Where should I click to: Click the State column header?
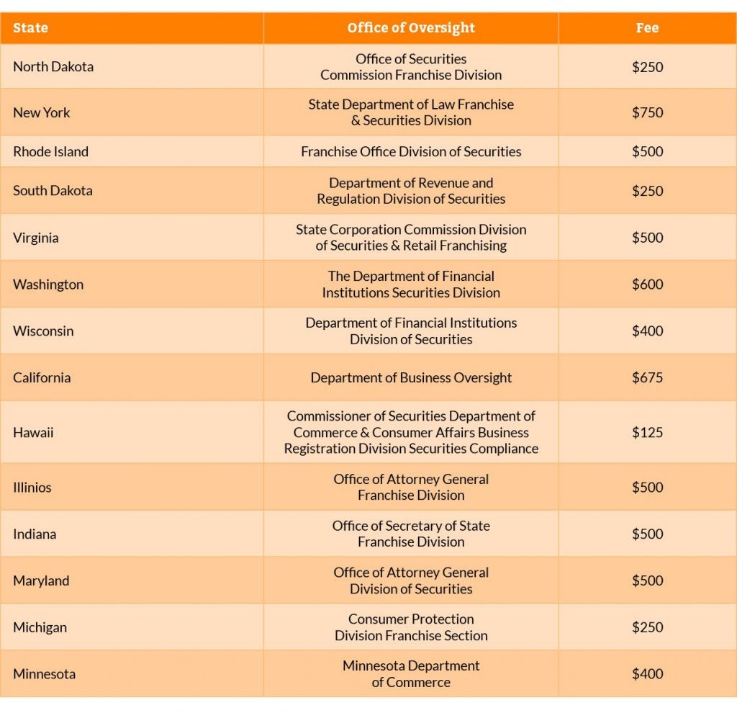(30, 28)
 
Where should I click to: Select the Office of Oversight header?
(411, 28)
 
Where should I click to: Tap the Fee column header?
(647, 28)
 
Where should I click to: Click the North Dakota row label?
(53, 66)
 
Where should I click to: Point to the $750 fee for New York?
(647, 112)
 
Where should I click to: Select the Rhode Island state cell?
(50, 151)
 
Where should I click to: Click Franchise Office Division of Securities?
(411, 151)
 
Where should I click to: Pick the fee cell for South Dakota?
(647, 191)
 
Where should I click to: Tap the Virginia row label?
(36, 238)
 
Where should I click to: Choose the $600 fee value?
(647, 284)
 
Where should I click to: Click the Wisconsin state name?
(43, 331)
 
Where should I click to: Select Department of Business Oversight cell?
(411, 377)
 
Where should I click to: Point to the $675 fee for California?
(647, 377)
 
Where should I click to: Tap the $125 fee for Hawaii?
(647, 432)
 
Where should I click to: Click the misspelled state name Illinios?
(32, 488)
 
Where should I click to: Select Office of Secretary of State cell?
(411, 534)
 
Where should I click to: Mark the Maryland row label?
(41, 580)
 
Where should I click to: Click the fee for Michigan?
(647, 627)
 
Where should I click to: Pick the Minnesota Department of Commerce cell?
(411, 674)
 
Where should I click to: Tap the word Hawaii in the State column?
(33, 432)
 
